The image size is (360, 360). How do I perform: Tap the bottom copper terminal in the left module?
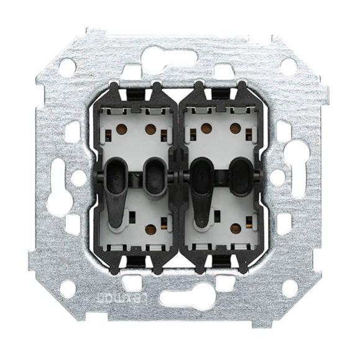(150, 229)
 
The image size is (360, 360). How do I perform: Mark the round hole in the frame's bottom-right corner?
(289, 287)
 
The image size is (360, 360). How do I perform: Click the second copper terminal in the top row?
(150, 129)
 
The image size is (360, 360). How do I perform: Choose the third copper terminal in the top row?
(206, 129)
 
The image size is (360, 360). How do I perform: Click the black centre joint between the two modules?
(178, 177)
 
